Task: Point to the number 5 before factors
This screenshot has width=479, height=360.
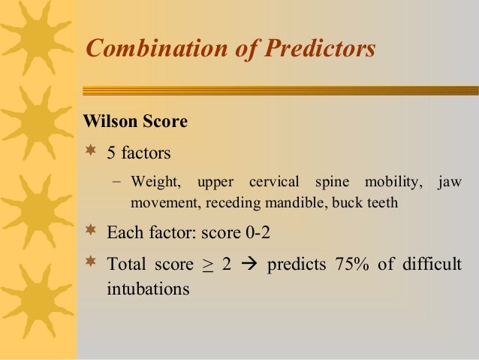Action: click(x=111, y=153)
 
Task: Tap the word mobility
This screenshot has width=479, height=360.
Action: click(x=391, y=183)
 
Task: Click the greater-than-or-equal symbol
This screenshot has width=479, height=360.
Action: click(x=206, y=265)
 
